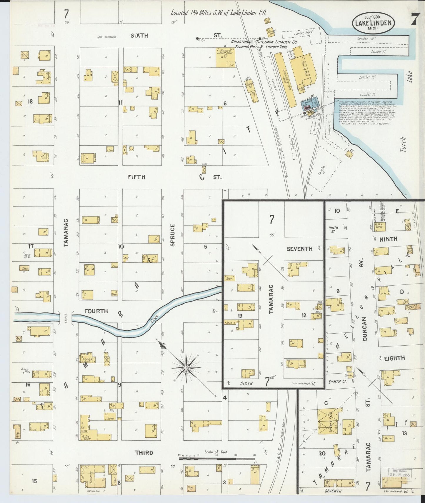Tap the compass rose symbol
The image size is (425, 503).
tap(186, 368)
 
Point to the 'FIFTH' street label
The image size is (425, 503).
tap(136, 177)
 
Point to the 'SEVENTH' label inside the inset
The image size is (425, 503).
tap(299, 249)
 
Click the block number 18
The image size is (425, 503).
tap(30, 102)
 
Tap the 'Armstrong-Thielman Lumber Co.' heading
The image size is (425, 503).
tap(264, 42)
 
